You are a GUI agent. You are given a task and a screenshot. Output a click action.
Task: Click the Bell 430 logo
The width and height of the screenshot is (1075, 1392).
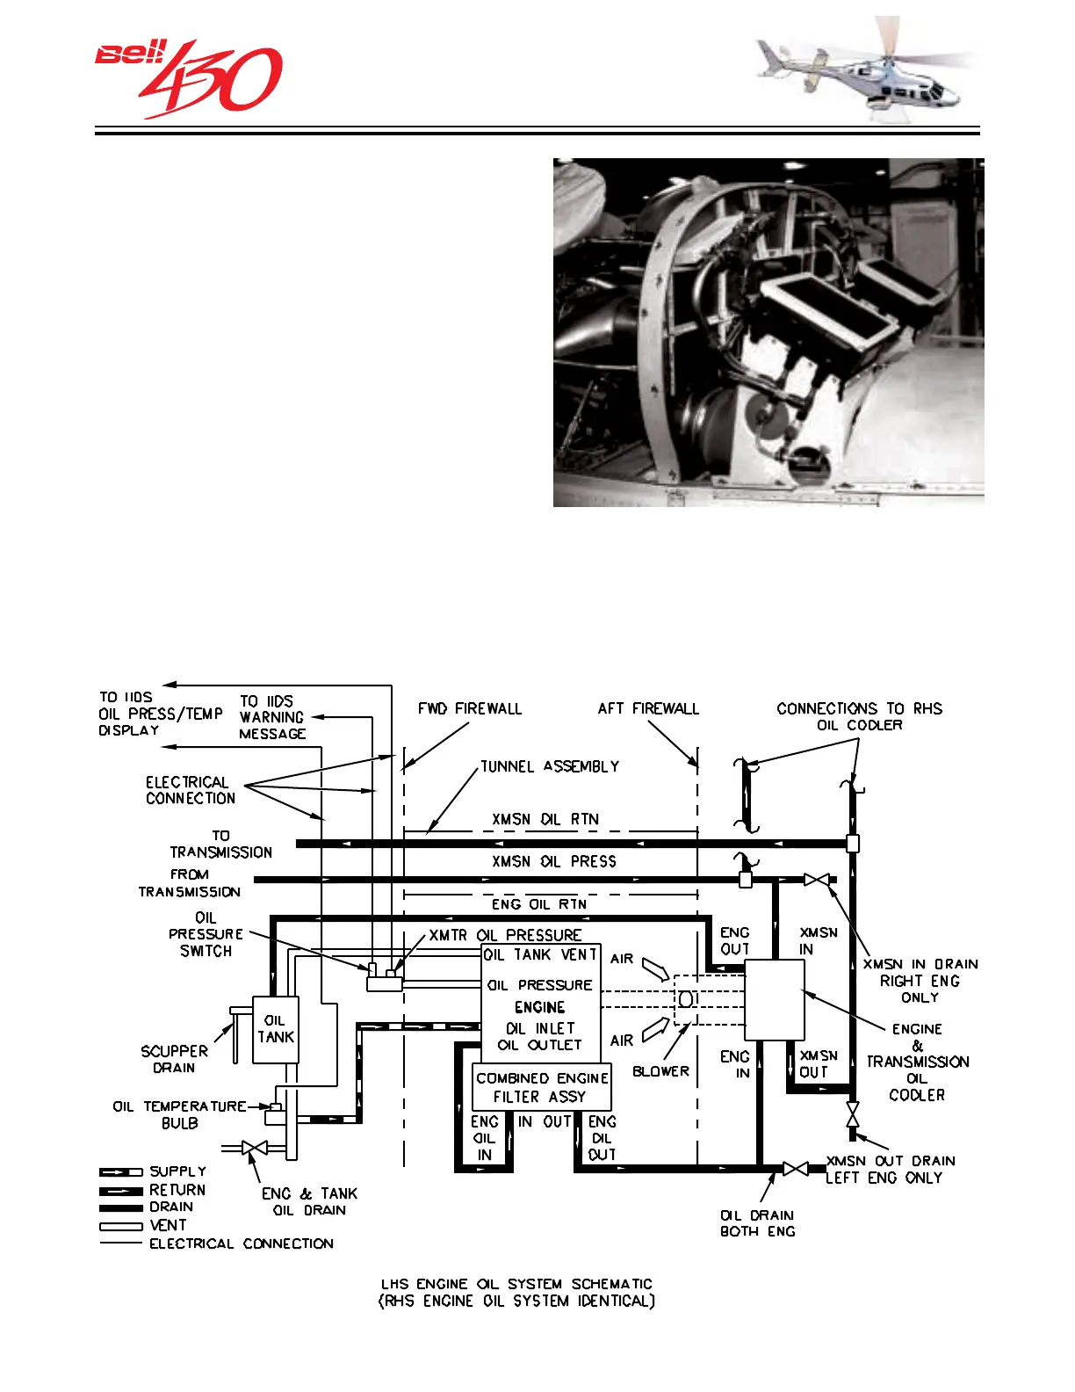(188, 79)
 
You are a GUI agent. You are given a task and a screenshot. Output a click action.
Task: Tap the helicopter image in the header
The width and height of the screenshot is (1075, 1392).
(865, 75)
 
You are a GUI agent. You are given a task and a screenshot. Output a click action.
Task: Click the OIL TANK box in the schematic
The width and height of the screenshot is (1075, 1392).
(275, 1029)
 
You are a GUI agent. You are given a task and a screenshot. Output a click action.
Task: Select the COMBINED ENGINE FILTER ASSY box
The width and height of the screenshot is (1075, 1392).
(541, 1087)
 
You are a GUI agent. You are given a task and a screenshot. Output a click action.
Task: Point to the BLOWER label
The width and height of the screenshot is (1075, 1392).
(660, 1071)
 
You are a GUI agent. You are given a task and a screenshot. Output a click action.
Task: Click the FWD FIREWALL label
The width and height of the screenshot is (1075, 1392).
(469, 708)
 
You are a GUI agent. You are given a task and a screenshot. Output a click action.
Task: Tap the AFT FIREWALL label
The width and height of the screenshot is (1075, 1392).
(648, 708)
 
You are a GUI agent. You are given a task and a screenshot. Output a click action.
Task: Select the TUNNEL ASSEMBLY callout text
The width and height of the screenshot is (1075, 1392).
(549, 766)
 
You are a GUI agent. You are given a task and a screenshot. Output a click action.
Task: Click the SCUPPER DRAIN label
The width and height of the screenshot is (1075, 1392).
(174, 1059)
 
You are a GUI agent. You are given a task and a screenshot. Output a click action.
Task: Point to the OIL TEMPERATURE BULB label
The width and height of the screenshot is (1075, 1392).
(179, 1114)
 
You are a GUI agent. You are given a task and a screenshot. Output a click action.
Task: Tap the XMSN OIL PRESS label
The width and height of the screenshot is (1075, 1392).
(553, 861)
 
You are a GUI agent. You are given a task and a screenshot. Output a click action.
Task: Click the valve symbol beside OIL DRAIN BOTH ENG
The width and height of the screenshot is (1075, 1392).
(795, 1169)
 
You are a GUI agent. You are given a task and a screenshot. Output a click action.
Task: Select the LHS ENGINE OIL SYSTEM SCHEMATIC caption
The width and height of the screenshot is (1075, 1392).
(516, 1292)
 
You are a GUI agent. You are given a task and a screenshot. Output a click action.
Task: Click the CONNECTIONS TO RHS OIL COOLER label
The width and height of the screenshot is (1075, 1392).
(859, 716)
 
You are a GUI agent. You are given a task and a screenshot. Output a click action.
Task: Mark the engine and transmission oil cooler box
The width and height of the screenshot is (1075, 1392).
(774, 1000)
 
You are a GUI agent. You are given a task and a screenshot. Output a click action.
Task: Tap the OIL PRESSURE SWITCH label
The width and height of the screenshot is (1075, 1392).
(206, 934)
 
